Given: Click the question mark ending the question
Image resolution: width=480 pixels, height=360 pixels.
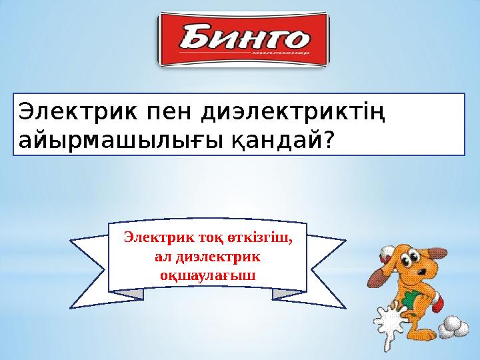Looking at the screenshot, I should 328,140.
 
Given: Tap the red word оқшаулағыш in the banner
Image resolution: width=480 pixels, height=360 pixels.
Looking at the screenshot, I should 207,274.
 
